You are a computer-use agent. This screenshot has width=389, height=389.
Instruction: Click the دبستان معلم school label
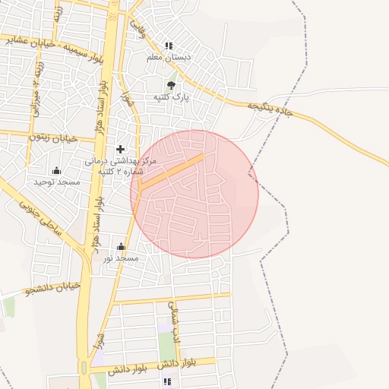tap(169, 57)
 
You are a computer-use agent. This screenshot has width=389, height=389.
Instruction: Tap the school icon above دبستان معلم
tap(169, 46)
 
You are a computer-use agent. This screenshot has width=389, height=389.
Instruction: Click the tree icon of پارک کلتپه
tap(170, 85)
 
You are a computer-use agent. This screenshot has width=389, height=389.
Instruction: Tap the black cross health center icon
tap(120, 149)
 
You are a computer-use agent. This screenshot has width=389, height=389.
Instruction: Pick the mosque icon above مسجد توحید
tap(55, 170)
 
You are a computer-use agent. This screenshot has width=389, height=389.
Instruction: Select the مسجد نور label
tap(122, 258)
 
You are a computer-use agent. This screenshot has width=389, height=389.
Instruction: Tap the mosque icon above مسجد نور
tap(122, 246)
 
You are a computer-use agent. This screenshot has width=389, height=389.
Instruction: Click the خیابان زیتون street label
tap(55, 138)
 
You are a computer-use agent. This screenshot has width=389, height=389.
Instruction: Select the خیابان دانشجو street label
tap(52, 289)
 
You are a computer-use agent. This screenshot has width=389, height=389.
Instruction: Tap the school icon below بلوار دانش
tap(167, 381)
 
